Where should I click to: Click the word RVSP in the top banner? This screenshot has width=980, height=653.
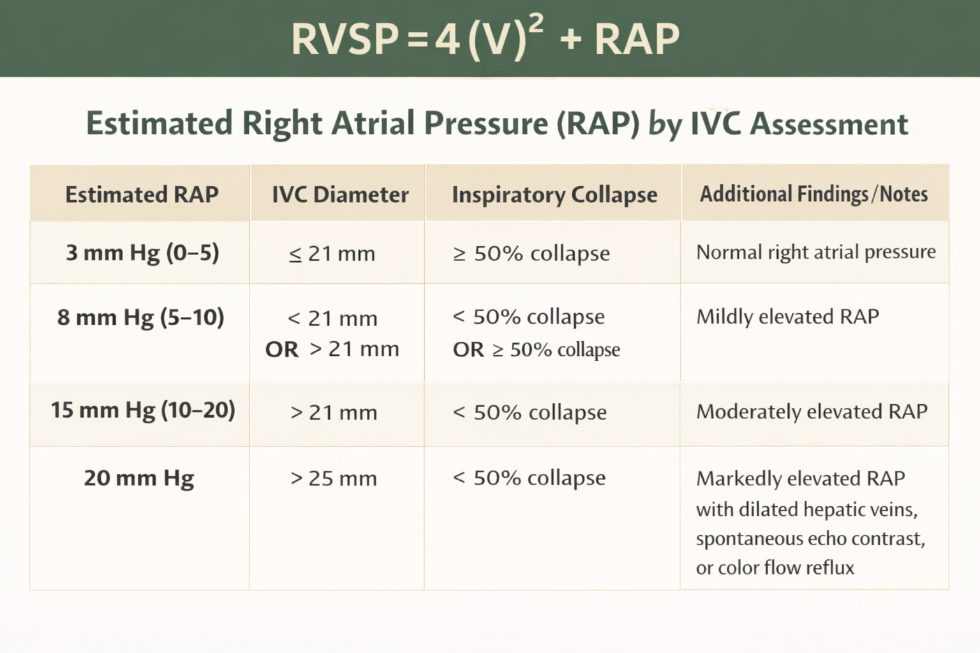click(x=345, y=40)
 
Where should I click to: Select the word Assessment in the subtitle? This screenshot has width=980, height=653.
click(x=829, y=124)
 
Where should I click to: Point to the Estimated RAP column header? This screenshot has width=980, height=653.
click(x=142, y=194)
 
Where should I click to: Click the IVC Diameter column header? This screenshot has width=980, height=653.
click(x=340, y=194)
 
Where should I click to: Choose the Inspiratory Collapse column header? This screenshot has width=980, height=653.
click(x=554, y=194)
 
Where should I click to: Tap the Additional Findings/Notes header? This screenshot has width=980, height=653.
click(x=813, y=194)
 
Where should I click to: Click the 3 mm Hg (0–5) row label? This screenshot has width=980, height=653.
click(x=142, y=253)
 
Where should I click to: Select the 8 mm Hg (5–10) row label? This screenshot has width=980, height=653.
click(x=140, y=318)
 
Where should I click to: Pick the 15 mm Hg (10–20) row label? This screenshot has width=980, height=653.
click(x=143, y=410)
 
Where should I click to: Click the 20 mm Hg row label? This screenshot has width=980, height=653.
click(x=138, y=478)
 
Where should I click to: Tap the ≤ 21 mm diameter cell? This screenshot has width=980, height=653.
click(x=332, y=254)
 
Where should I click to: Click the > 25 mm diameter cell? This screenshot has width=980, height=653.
click(x=333, y=478)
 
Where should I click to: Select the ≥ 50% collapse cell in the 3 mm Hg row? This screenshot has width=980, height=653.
click(x=531, y=254)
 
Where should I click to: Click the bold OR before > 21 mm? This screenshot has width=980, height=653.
click(x=281, y=349)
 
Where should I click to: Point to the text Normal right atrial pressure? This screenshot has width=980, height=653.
click(x=815, y=253)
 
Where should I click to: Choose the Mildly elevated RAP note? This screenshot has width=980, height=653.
click(x=787, y=317)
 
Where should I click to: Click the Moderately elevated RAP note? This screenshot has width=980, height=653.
click(x=812, y=412)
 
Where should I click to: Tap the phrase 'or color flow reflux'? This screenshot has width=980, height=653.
click(x=775, y=568)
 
